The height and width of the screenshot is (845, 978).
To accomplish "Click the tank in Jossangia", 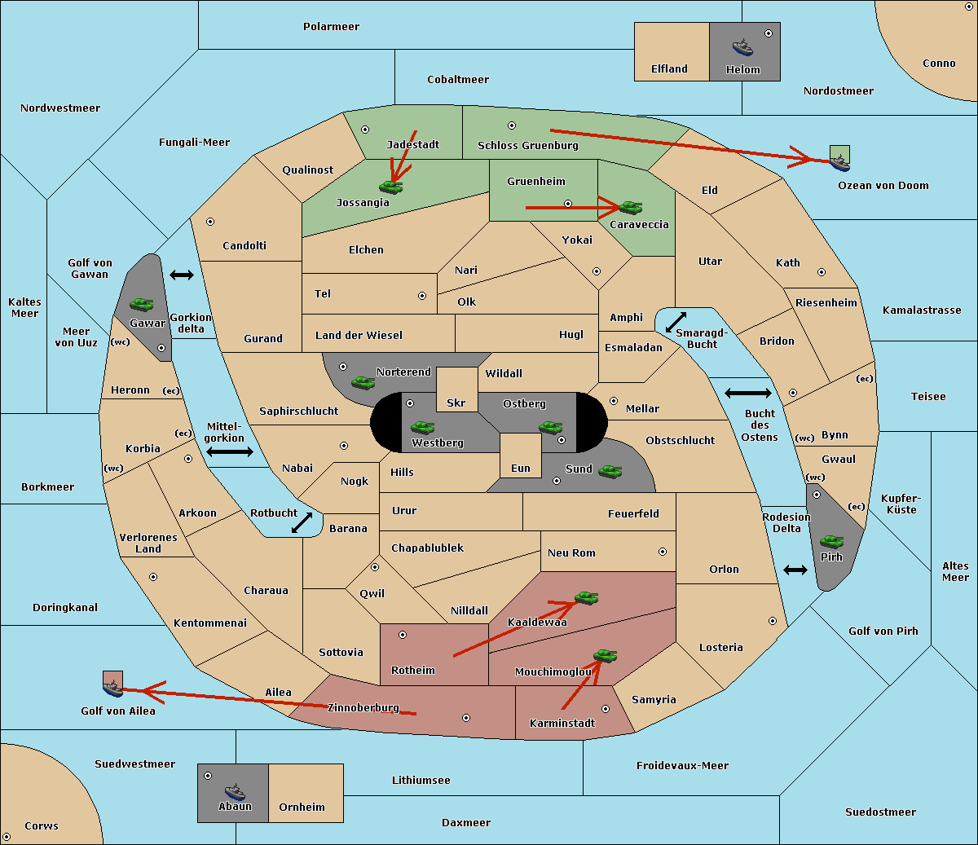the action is (x=391, y=187).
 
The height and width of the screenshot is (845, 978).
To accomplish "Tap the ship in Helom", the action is (x=742, y=47).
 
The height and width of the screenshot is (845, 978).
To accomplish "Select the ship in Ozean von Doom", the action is (x=839, y=162).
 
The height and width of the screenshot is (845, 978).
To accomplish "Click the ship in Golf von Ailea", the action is (x=113, y=688).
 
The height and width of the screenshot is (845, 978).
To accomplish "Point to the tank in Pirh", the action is (x=832, y=541).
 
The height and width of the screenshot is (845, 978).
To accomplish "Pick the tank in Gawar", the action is (x=142, y=304).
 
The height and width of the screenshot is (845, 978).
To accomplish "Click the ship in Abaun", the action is (x=236, y=791).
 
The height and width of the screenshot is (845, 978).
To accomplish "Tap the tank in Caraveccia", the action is (x=631, y=207).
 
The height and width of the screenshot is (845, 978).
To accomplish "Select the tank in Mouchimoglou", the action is (x=606, y=656).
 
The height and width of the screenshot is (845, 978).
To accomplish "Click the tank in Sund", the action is (x=610, y=472).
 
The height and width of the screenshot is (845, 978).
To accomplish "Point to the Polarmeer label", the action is (x=331, y=27).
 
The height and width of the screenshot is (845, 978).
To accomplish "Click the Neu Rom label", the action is (x=571, y=552).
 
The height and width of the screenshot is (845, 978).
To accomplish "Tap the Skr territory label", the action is (x=456, y=403).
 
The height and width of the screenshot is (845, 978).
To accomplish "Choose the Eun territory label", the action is (x=521, y=468).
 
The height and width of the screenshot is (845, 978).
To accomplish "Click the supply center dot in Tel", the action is (x=422, y=296).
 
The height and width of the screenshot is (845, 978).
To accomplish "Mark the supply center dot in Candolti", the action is (x=210, y=222).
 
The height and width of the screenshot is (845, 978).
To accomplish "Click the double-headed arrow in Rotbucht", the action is (x=302, y=522).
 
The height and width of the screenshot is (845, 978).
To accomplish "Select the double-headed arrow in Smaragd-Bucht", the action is (x=676, y=322).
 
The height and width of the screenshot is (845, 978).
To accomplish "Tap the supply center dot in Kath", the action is (x=822, y=272).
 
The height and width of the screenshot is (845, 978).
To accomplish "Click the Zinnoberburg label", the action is (x=363, y=708).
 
